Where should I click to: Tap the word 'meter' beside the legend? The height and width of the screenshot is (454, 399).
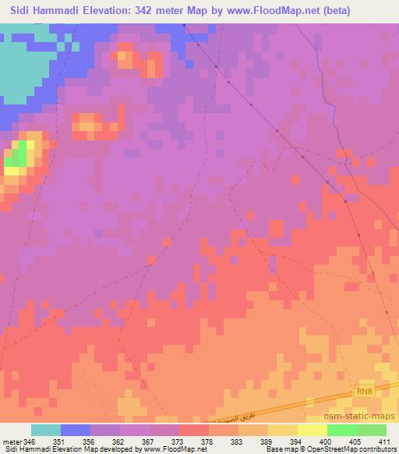[x=10, y=441]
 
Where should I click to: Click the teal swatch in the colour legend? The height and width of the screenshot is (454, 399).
[x=45, y=430]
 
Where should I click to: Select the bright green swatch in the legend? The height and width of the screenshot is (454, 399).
[x=341, y=430]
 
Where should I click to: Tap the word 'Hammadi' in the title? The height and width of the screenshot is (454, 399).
[x=55, y=10]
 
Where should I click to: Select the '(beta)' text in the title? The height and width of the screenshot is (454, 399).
[x=313, y=10]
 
